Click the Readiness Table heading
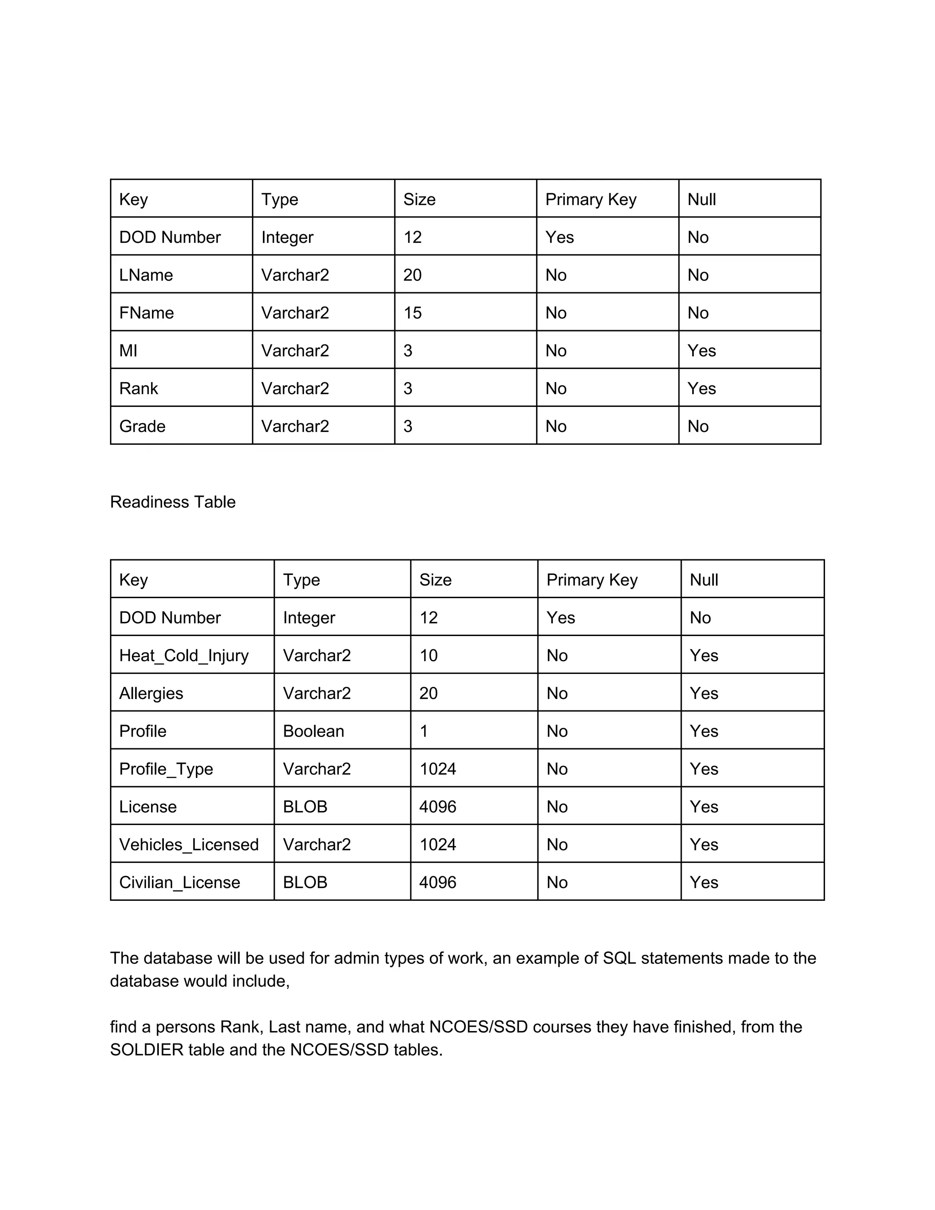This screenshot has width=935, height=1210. click(x=173, y=502)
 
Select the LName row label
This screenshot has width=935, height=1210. click(x=146, y=275)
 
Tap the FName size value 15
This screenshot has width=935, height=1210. click(x=413, y=313)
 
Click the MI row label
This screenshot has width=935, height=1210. click(x=128, y=351)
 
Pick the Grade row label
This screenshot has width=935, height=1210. click(x=142, y=426)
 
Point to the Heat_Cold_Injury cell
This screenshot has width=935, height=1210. click(x=184, y=656)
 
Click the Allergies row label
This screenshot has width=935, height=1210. click(x=151, y=694)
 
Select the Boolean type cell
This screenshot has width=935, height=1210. click(x=314, y=731)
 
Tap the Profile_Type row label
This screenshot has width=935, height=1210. click(x=166, y=769)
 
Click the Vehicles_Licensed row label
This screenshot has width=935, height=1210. click(x=189, y=845)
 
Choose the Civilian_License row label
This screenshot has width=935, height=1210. click(x=179, y=883)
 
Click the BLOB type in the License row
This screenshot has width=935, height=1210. click(x=305, y=807)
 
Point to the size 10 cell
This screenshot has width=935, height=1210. click(x=429, y=656)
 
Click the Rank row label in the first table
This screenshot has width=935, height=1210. click(x=138, y=389)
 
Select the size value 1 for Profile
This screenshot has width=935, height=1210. click(x=424, y=731)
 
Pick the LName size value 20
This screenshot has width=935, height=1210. click(x=413, y=275)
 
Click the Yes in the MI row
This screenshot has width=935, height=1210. click(x=702, y=351)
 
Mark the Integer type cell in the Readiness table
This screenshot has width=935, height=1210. click(x=309, y=618)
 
